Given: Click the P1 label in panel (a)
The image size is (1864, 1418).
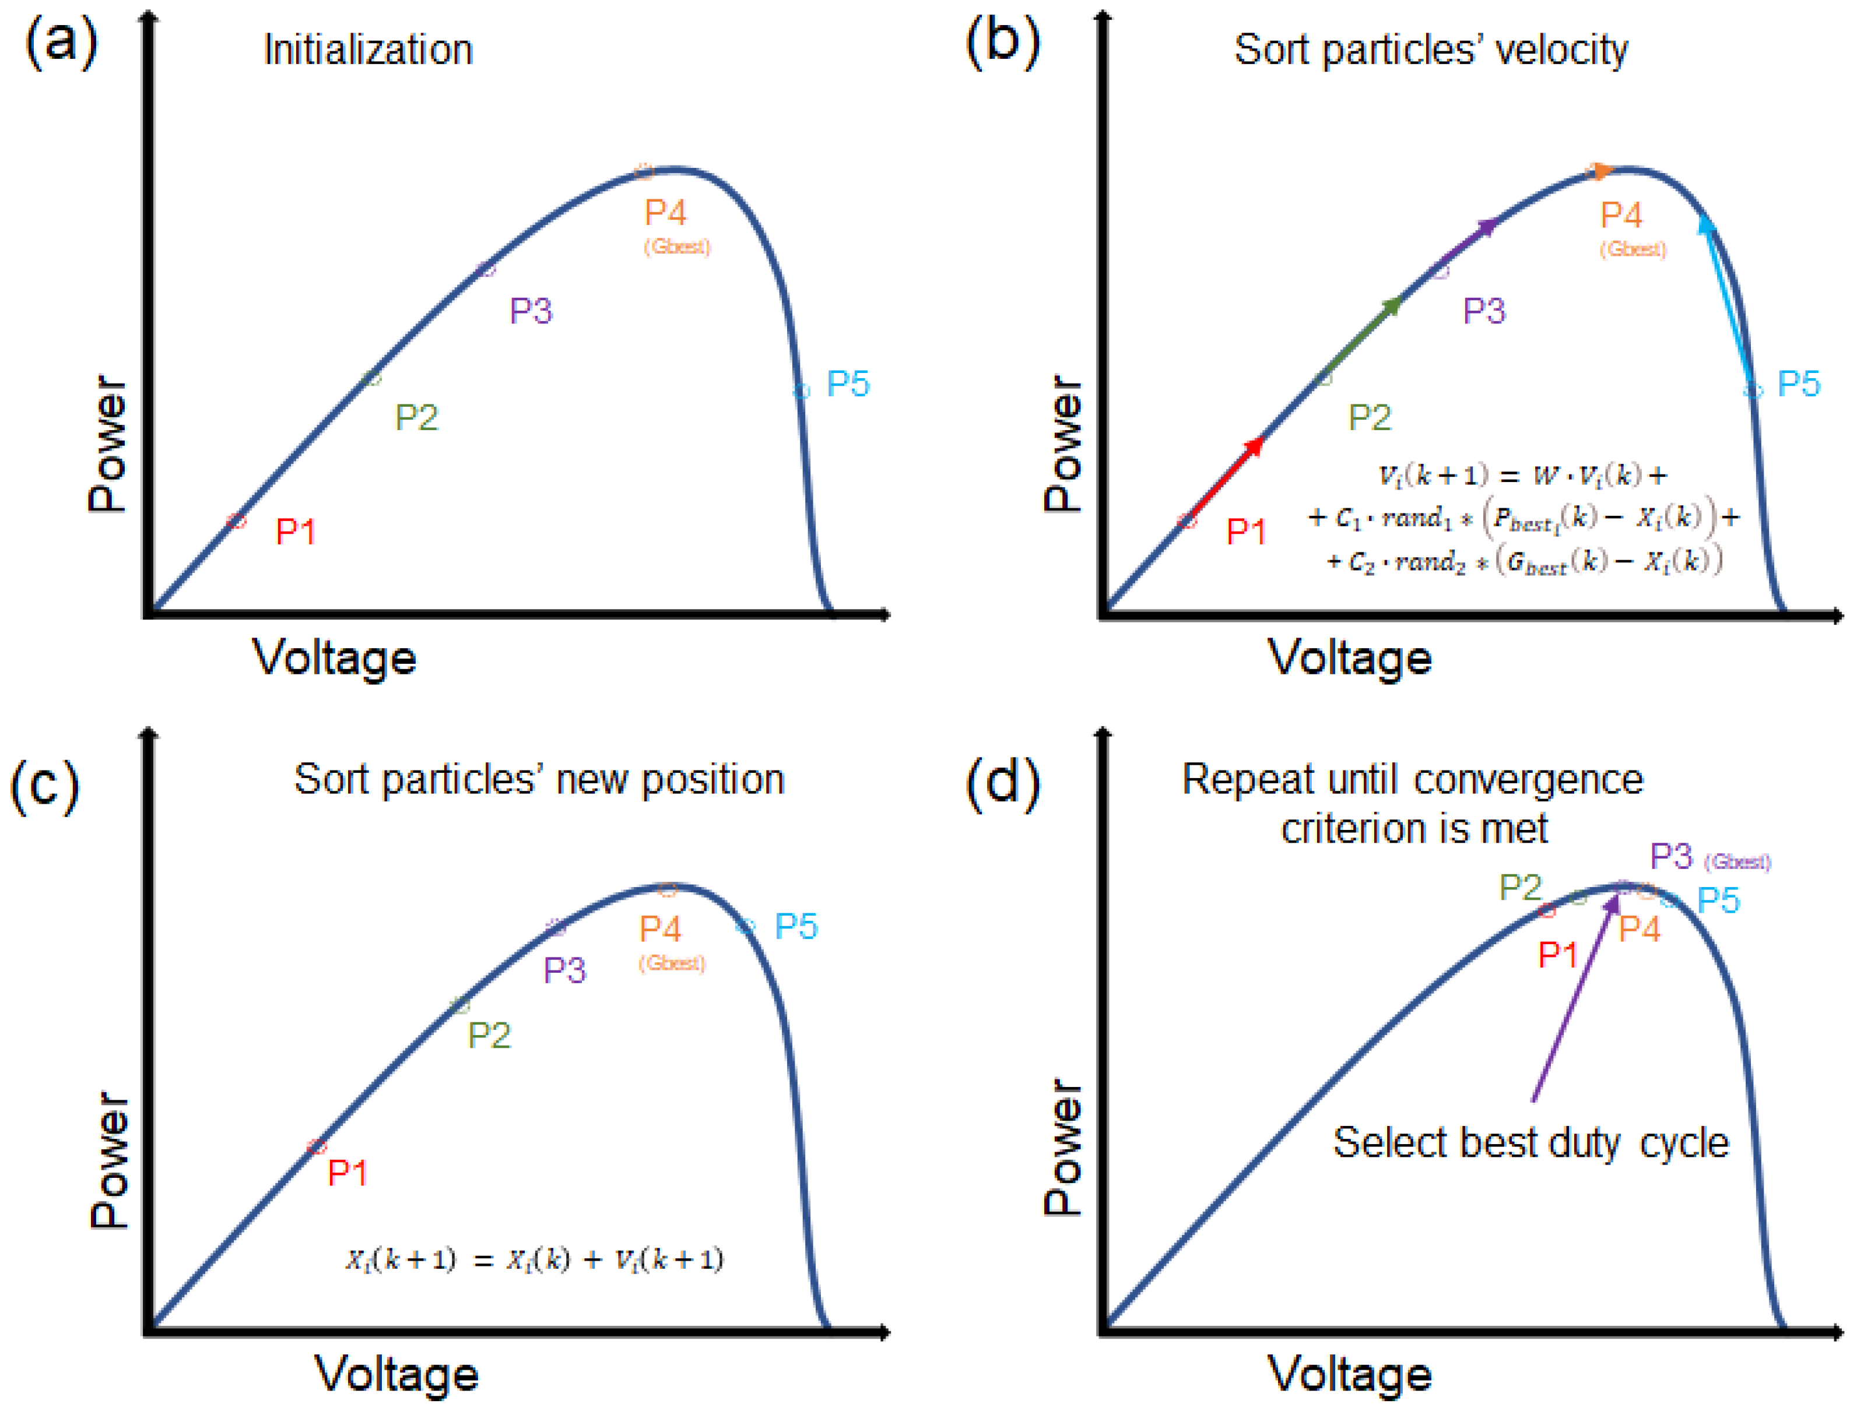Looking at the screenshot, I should pyautogui.click(x=296, y=532).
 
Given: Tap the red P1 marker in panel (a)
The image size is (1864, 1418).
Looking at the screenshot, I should pyautogui.click(x=236, y=521).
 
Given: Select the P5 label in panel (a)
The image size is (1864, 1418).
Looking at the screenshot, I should pyautogui.click(x=848, y=384).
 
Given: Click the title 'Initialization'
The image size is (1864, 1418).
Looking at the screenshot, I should pyautogui.click(x=368, y=50).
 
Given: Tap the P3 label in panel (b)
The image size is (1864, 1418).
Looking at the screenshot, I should pyautogui.click(x=1483, y=311).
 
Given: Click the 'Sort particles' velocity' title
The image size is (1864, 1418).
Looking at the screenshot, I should pyautogui.click(x=1430, y=50).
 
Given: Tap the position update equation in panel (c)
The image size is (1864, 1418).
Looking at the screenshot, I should pyautogui.click(x=533, y=1260).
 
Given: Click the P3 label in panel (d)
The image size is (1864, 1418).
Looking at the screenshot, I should pyautogui.click(x=1670, y=857).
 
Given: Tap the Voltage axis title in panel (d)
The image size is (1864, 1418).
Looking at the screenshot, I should pyautogui.click(x=1349, y=1374).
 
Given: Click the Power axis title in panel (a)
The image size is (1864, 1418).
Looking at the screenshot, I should pyautogui.click(x=107, y=444).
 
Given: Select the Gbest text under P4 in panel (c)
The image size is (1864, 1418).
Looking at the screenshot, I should pyautogui.click(x=671, y=963).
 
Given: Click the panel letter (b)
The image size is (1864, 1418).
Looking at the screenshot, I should pyautogui.click(x=1002, y=41).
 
